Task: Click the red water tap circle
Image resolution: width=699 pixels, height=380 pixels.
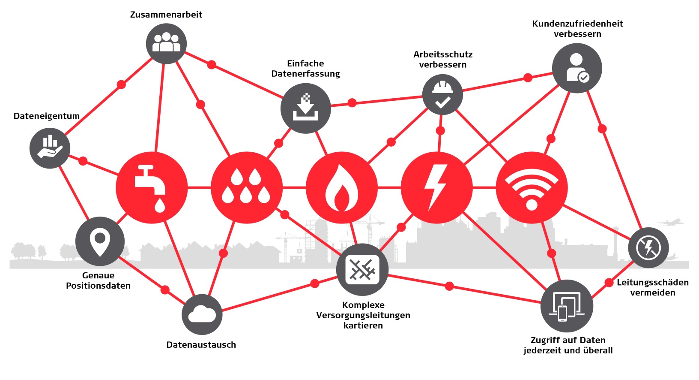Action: pyautogui.click(x=152, y=187)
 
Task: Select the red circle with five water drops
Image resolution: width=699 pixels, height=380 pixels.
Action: pyautogui.click(x=247, y=187)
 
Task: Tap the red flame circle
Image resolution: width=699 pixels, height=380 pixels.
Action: pyautogui.click(x=342, y=187)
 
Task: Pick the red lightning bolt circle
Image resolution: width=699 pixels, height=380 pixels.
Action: pyautogui.click(x=436, y=187)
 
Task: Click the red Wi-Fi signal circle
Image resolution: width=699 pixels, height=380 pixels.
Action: pyautogui.click(x=532, y=187)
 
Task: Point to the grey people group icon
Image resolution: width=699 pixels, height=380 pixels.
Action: pyautogui.click(x=166, y=43)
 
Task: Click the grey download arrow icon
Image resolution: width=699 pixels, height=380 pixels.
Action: pyautogui.click(x=305, y=108)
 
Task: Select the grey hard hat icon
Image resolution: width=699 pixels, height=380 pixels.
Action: pyautogui.click(x=442, y=94)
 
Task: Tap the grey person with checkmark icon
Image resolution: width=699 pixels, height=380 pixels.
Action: pyautogui.click(x=577, y=68)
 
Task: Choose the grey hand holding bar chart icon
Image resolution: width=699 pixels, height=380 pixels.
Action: pyautogui.click(x=50, y=148)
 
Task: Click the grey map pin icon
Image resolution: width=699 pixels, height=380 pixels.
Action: pyautogui.click(x=100, y=241)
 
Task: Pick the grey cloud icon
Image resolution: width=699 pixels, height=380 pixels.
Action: pyautogui.click(x=202, y=314)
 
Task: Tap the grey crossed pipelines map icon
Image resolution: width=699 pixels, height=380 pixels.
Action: pyautogui.click(x=362, y=269)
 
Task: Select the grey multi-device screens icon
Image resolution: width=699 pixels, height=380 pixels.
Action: pyautogui.click(x=567, y=306)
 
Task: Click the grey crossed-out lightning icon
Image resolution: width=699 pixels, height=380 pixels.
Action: pyautogui.click(x=648, y=247)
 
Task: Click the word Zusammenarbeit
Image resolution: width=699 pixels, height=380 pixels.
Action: pyautogui.click(x=166, y=15)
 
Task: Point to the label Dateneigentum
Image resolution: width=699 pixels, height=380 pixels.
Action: pyautogui.click(x=47, y=116)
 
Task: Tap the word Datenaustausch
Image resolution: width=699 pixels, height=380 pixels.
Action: pyautogui.click(x=201, y=345)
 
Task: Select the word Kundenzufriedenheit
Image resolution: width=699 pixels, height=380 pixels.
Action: pyautogui.click(x=577, y=24)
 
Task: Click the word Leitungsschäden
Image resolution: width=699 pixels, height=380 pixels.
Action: pyautogui.click(x=653, y=283)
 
